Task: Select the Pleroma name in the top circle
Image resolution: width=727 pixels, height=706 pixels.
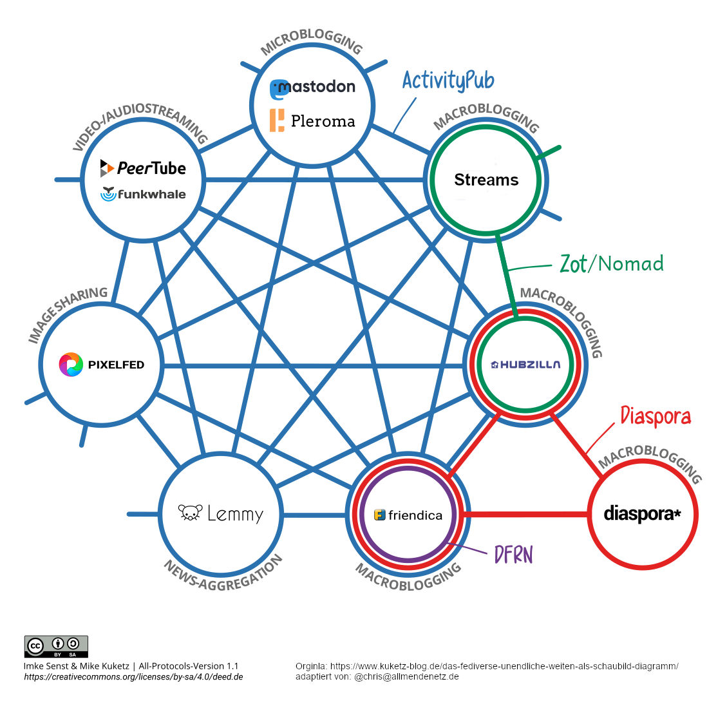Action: click(x=323, y=121)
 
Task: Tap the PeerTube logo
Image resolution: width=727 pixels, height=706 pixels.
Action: click(x=143, y=168)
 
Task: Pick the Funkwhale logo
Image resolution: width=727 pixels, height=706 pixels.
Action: click(x=143, y=194)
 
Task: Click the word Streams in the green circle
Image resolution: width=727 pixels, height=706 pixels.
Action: click(x=486, y=180)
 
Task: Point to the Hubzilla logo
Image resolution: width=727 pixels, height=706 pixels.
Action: click(x=525, y=365)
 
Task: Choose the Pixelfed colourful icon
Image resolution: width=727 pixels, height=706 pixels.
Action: click(x=71, y=365)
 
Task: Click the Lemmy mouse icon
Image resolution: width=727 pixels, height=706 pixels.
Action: click(x=190, y=513)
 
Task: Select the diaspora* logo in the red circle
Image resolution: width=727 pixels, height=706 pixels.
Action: click(x=642, y=514)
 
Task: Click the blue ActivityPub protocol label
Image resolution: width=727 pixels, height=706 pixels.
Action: click(x=448, y=81)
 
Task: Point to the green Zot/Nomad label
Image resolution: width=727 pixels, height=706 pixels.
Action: click(x=611, y=263)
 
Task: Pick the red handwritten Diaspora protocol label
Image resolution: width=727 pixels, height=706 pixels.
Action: click(x=655, y=416)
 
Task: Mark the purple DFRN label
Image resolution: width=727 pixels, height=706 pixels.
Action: click(x=513, y=555)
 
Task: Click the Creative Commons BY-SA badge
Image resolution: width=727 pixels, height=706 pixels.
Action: click(x=56, y=646)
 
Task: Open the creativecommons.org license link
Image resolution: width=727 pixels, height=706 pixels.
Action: click(x=133, y=677)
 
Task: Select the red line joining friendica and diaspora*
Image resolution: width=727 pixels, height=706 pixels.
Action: click(x=525, y=515)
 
